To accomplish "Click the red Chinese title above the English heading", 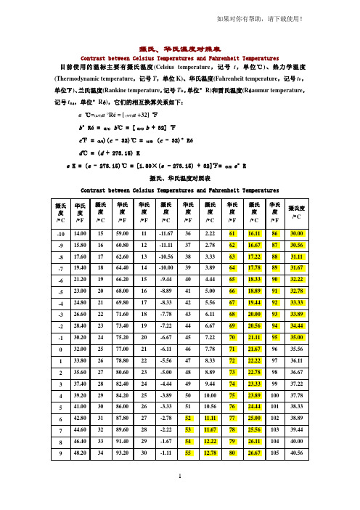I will pos(180,44).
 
